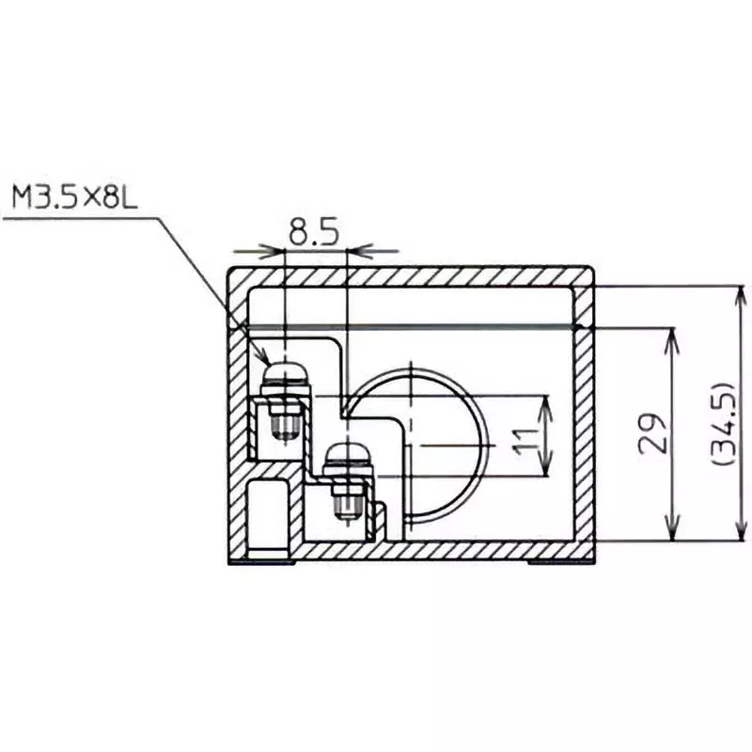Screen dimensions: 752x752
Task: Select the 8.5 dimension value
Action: [x=314, y=232]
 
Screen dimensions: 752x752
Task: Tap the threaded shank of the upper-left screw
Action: [x=283, y=424]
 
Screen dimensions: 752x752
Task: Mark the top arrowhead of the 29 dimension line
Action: [x=670, y=336]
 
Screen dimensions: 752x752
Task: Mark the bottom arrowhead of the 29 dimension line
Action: [x=670, y=535]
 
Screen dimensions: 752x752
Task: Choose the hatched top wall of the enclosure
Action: [x=414, y=274]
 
